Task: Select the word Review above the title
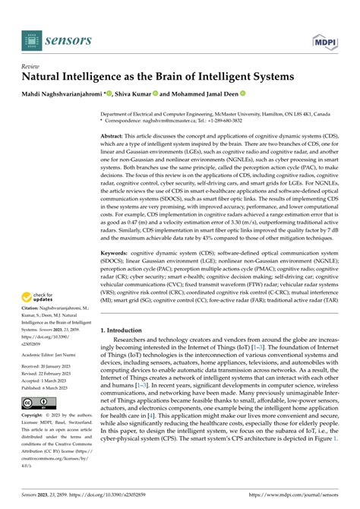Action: (31, 65)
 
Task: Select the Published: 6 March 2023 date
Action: (52, 403)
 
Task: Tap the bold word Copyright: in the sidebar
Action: (36, 438)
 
